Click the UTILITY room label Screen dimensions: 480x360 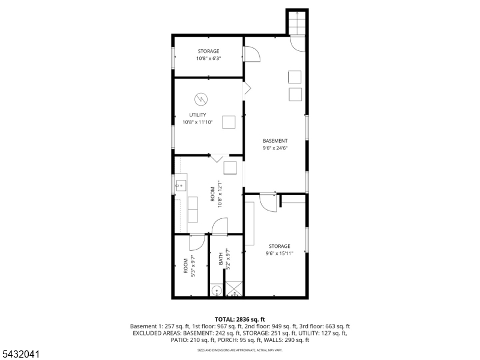tap(197, 115)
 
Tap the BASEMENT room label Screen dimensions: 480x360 tap(275, 141)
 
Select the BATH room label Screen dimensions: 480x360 tap(221, 259)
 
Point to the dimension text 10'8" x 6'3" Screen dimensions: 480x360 tap(208, 58)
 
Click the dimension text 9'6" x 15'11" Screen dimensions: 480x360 tap(280, 253)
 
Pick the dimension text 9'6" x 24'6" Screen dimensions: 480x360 tap(275, 148)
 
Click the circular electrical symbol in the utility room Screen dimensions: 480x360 tap(201, 99)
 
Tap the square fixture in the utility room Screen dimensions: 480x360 tap(229, 122)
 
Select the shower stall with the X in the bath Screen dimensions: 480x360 tap(234, 289)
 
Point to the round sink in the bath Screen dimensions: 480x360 tap(217, 290)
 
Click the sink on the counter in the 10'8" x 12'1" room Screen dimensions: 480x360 tap(181, 185)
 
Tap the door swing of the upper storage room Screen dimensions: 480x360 tap(251, 54)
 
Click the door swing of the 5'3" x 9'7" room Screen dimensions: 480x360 tap(197, 242)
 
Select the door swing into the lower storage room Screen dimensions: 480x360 tap(268, 202)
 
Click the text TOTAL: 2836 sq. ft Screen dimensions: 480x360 tap(239, 320)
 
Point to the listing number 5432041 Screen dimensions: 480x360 tap(20, 354)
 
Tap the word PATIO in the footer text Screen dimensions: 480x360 tap(179, 340)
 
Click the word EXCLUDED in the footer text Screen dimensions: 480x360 tap(146, 333)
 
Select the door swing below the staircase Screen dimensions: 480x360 tap(298, 44)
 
